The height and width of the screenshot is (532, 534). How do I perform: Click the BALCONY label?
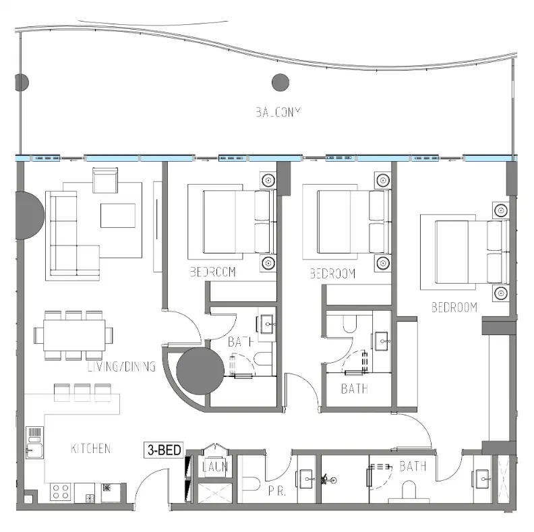click(x=277, y=113)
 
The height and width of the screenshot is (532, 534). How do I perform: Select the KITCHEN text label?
click(x=90, y=448)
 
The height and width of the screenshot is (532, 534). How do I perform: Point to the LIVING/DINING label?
click(x=121, y=367)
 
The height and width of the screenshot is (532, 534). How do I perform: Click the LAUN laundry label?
click(x=215, y=467)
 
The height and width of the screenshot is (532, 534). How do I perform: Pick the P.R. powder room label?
click(x=276, y=492)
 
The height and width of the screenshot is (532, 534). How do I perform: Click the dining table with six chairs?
click(x=74, y=334)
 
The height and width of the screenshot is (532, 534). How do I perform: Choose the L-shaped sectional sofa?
click(x=67, y=236)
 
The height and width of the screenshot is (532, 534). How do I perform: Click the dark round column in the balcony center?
click(x=280, y=83)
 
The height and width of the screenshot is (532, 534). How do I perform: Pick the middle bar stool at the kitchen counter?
click(x=82, y=392)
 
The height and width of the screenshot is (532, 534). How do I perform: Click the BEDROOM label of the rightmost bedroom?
click(x=454, y=307)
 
